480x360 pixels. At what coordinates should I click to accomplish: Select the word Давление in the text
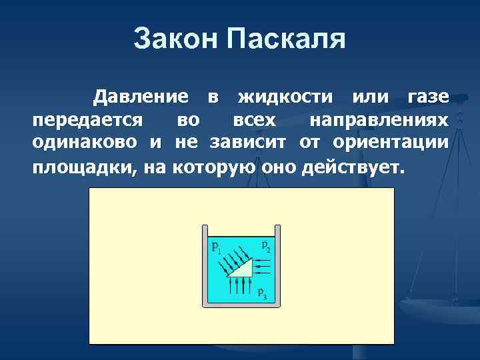coord(141,97)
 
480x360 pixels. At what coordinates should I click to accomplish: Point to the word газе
coord(427,97)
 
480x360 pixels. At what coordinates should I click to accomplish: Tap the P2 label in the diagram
coord(266,246)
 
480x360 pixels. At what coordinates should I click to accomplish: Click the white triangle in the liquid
coord(244,270)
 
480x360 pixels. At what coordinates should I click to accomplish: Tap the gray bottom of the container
coord(241,305)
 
